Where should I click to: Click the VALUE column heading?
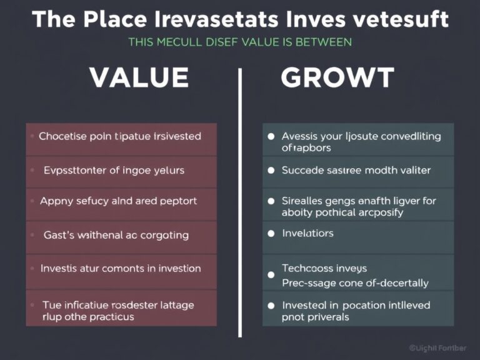click(x=139, y=78)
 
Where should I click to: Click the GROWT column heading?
click(x=337, y=78)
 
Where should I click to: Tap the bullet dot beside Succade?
click(x=271, y=170)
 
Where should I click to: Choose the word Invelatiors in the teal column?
click(x=307, y=233)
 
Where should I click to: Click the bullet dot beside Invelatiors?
click(x=271, y=234)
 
